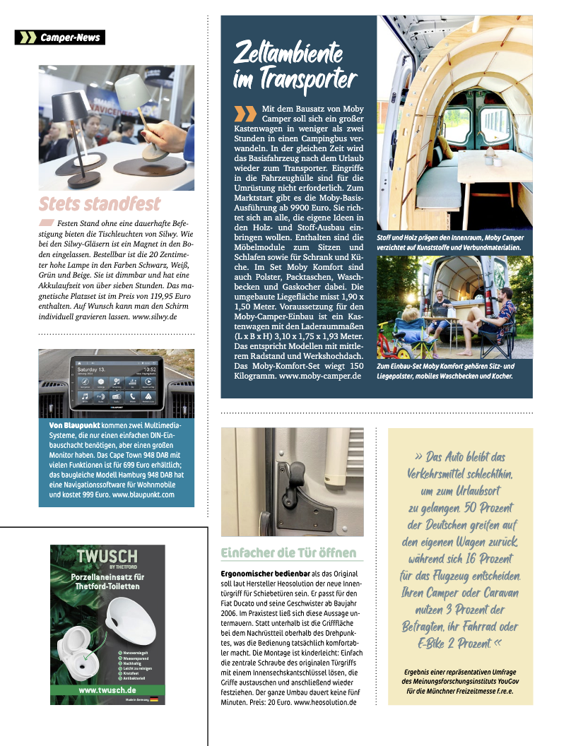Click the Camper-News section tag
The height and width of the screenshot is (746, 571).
coord(60,37)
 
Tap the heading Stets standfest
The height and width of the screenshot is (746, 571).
coord(100,205)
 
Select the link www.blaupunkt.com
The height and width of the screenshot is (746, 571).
coord(143,495)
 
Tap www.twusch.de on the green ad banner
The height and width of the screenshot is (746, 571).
coord(107,689)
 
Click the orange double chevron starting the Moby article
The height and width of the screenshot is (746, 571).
coord(245,112)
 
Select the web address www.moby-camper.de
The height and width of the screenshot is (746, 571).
coord(321,377)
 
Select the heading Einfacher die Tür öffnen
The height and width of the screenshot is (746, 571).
coord(288,552)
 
